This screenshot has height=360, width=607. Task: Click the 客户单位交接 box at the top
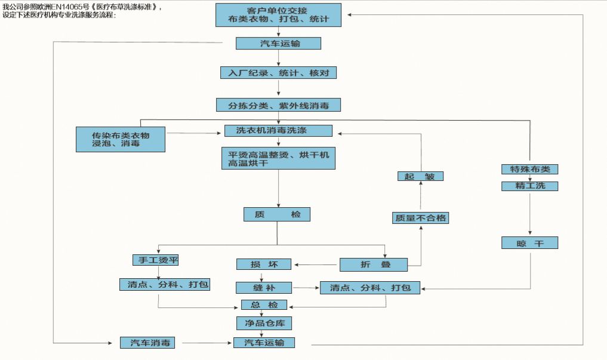pos(278,15)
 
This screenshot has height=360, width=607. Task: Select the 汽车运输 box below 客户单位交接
pos(278,44)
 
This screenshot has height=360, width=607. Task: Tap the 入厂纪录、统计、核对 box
pos(278,73)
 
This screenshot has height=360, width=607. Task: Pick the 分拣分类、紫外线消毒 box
pos(278,105)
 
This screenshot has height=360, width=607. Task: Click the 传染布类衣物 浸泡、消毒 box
pos(120,139)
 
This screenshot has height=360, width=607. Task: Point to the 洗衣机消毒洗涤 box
pos(278,131)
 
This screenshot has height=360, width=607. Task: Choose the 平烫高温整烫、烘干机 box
pos(278,158)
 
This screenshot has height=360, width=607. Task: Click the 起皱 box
pos(420,176)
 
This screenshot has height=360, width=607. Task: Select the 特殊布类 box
pos(529,169)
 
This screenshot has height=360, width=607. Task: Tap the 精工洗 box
pos(529,186)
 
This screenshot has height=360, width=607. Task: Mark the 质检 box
pos(277,214)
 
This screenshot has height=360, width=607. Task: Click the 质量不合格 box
pos(420,218)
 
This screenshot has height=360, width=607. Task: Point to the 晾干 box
pos(529,243)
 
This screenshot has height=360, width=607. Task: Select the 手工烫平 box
pos(155,260)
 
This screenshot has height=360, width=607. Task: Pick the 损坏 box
pos(263,264)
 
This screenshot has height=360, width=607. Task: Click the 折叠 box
pos(373,264)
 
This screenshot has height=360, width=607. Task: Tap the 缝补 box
pos(263,288)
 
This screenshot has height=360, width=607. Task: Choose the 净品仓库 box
pos(263,324)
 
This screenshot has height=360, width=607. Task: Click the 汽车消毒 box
pos(150,343)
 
